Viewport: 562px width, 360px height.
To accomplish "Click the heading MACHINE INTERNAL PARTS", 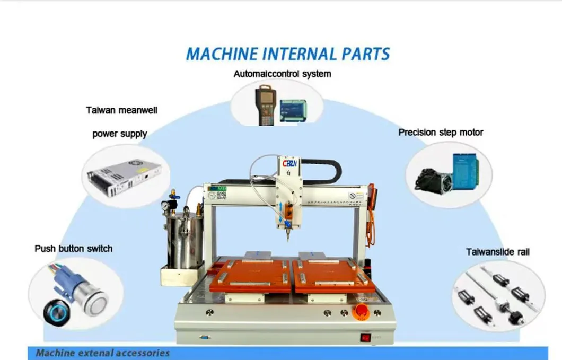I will point(288,54).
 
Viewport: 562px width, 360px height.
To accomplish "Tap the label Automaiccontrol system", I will point(282,74).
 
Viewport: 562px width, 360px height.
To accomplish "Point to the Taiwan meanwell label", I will point(121,110).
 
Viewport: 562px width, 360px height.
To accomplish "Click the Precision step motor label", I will point(441,133).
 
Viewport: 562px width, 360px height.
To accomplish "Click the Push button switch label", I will point(74,248).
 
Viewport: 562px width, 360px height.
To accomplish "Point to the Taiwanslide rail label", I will point(497,252).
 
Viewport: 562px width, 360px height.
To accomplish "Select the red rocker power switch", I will point(365,337).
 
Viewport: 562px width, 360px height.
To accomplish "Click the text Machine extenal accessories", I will point(102,353).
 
